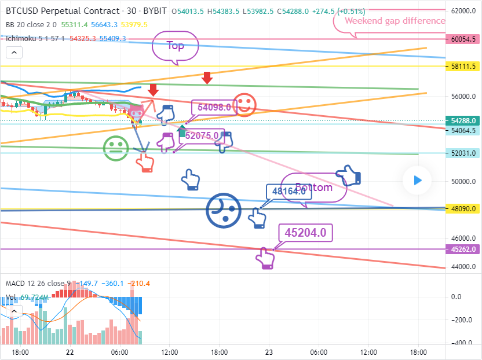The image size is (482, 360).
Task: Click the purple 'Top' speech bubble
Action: (x=175, y=46)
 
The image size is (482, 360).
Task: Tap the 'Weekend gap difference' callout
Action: (x=395, y=21)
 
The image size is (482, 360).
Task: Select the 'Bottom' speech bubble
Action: (x=315, y=188)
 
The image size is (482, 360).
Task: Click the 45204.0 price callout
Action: (x=305, y=233)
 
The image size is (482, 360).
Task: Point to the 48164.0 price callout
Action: (x=289, y=192)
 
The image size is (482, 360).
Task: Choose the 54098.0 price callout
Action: (x=214, y=107)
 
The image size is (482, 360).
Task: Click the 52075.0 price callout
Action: (x=202, y=136)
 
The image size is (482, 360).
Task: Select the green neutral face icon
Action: (x=116, y=148)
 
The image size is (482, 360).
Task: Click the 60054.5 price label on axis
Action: (x=463, y=39)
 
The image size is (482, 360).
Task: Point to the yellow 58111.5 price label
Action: (x=463, y=67)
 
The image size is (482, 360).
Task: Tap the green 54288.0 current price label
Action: (x=463, y=121)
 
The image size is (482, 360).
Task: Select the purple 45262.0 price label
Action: (x=463, y=249)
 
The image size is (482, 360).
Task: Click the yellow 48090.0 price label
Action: (x=463, y=209)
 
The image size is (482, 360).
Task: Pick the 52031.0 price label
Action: (x=463, y=153)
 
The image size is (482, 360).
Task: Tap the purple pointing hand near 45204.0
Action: (x=266, y=258)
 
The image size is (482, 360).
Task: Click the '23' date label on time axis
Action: (x=269, y=352)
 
